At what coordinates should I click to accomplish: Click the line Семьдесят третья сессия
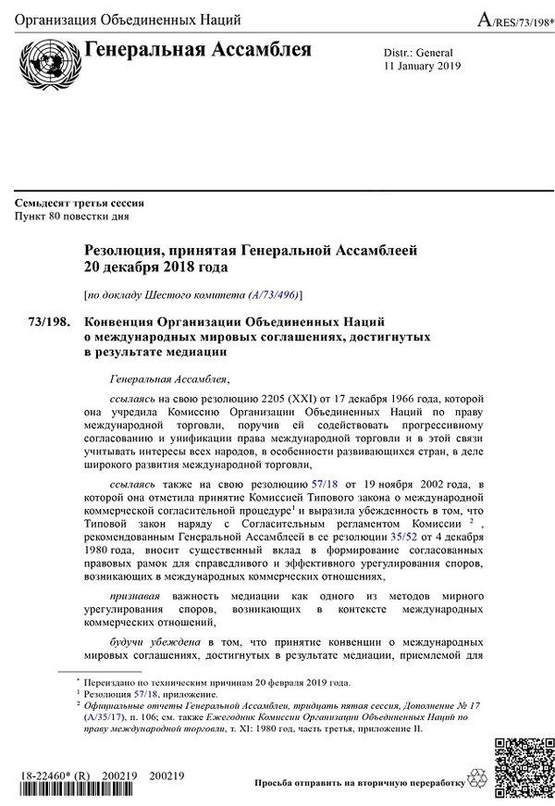pos(79,204)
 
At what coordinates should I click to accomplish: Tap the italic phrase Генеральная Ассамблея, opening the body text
pos(167,379)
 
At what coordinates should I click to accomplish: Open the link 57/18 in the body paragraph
pos(323,483)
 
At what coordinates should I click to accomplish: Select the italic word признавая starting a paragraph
pos(134,595)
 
